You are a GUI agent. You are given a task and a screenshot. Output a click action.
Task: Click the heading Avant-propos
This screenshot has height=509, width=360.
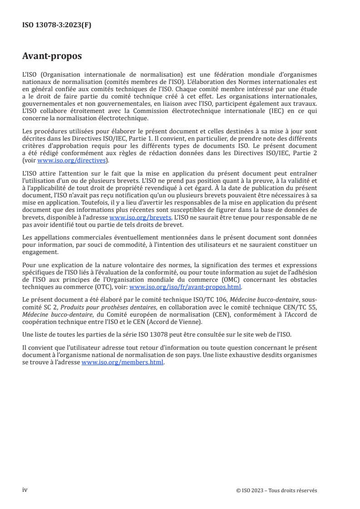pyautogui.click(x=52, y=56)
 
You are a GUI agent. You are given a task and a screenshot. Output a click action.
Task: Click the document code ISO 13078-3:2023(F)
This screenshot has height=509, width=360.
pyautogui.click(x=56, y=25)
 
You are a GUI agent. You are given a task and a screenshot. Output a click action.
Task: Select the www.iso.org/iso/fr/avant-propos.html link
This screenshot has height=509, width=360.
pyautogui.click(x=186, y=287)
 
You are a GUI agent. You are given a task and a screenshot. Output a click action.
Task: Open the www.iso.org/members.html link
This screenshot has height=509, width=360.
pyautogui.click(x=122, y=363)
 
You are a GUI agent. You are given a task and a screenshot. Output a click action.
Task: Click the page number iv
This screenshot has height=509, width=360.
pyautogui.click(x=25, y=490)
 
